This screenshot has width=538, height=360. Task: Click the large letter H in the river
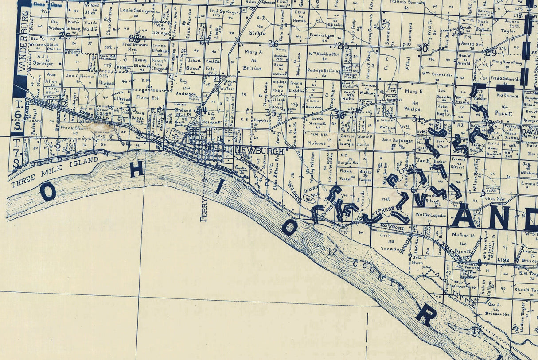[136, 169]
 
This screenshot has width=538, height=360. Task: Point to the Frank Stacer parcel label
[74, 128]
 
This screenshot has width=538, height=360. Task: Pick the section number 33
[131, 108]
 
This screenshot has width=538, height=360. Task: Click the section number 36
[340, 115]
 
